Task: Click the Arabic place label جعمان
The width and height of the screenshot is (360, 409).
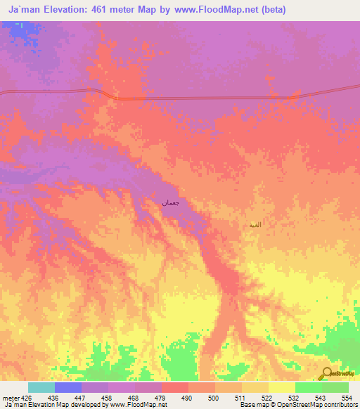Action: [172, 203]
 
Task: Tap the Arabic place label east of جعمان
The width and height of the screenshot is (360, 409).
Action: [255, 225]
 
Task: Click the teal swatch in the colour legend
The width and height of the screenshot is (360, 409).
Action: [41, 387]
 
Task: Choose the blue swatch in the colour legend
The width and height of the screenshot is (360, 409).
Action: [68, 387]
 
